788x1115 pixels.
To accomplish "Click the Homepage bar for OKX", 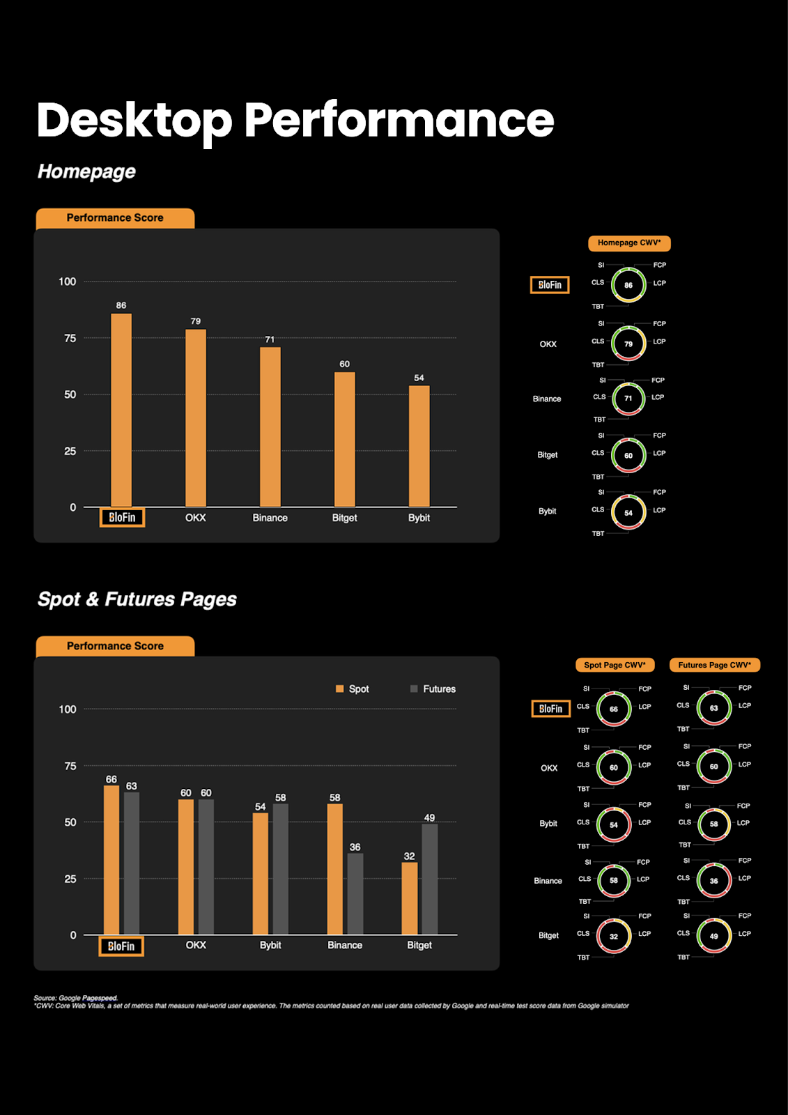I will [x=196, y=418].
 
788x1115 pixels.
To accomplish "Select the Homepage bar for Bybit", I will [x=419, y=446].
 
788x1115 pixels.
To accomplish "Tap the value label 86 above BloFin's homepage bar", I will [x=121, y=305].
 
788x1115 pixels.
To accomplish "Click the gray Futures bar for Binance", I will [x=355, y=894].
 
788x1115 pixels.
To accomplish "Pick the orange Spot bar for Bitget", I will [x=410, y=898].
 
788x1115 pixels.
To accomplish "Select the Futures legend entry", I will [x=433, y=689].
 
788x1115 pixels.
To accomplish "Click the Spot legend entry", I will [x=353, y=689].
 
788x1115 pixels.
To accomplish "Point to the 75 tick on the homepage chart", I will [x=70, y=338].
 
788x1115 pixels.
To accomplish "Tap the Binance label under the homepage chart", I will [x=270, y=518].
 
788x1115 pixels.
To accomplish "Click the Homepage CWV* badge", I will [x=629, y=243].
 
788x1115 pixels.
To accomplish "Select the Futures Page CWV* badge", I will [x=714, y=665].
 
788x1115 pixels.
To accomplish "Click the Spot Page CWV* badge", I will [x=615, y=665].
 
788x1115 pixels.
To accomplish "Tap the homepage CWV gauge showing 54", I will [x=628, y=512].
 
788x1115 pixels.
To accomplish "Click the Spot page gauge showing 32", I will [x=614, y=936].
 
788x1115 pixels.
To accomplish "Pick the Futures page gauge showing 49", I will [x=714, y=936].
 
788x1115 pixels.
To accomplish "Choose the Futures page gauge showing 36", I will [x=714, y=881].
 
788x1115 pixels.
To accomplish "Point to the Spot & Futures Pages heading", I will [x=137, y=599].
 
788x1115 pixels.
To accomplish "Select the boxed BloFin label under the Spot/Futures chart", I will [x=121, y=946].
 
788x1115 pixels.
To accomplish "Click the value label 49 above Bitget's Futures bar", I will [x=429, y=817].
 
